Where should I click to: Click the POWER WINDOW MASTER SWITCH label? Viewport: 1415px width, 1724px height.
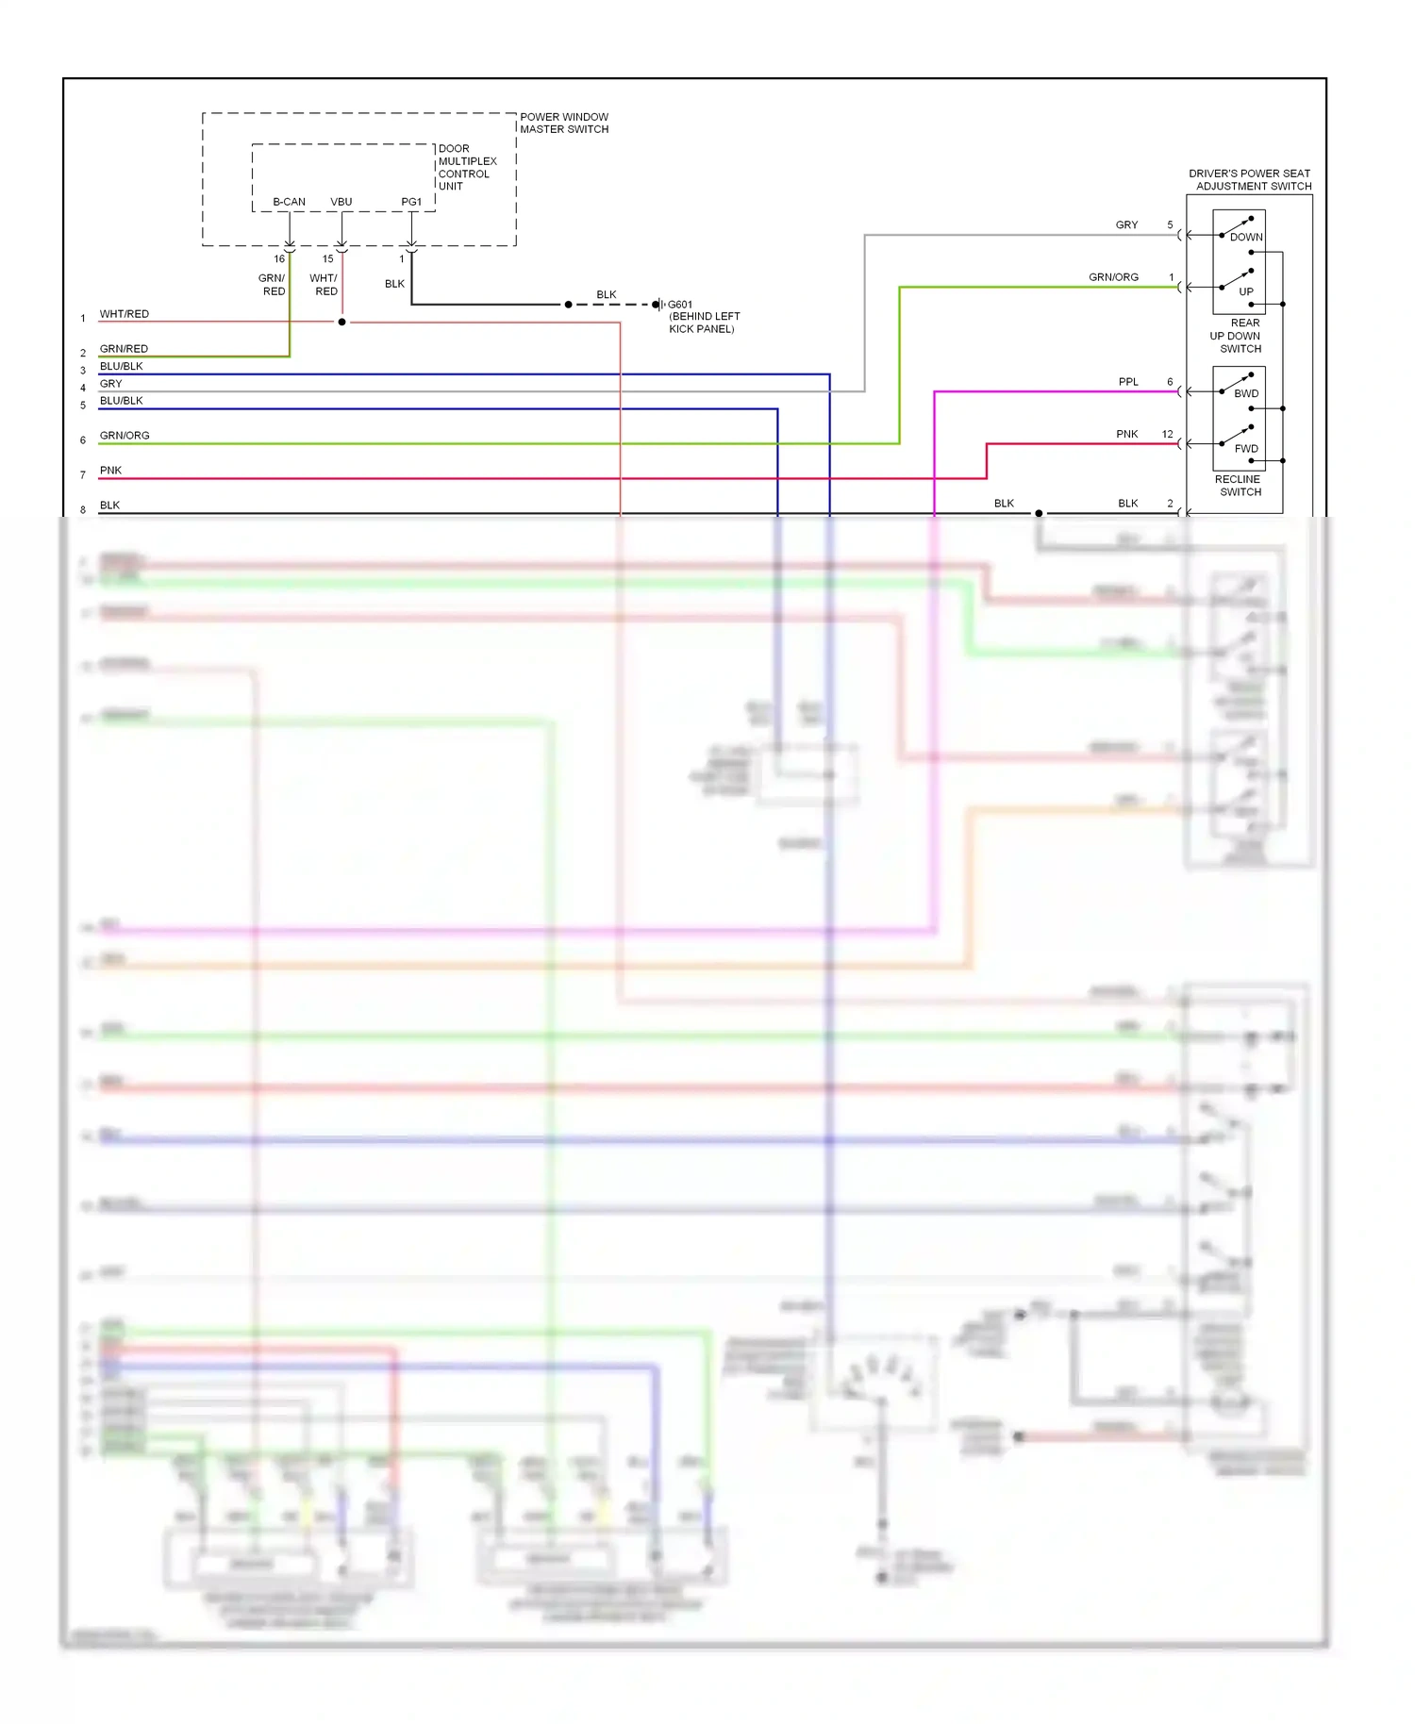564,124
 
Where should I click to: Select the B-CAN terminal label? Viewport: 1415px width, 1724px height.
289,202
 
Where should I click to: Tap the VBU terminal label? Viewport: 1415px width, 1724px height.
341,202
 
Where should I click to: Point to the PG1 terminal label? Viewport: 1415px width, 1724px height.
411,202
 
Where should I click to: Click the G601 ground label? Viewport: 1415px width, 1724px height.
680,305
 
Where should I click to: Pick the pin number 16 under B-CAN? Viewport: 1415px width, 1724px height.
279,258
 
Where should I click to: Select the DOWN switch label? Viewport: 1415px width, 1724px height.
1245,238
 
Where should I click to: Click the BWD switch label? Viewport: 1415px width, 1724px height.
1245,394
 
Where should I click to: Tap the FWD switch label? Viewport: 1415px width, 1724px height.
1245,449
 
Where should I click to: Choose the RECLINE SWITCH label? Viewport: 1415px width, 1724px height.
1239,486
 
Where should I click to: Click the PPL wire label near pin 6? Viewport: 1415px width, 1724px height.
1128,382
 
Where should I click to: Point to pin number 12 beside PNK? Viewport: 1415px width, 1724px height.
1167,435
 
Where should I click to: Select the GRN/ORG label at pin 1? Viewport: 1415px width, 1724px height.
1113,277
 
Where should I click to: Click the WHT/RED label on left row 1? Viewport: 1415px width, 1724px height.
124,314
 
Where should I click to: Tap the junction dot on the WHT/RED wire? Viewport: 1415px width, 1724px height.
341,323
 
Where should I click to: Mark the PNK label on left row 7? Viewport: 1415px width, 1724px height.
110,471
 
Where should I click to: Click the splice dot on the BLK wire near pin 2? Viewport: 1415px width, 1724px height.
1039,514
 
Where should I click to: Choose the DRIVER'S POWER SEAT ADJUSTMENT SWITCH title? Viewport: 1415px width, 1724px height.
1250,180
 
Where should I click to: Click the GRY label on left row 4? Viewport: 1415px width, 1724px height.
110,384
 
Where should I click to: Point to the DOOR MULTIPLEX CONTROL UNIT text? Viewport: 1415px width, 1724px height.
466,168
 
